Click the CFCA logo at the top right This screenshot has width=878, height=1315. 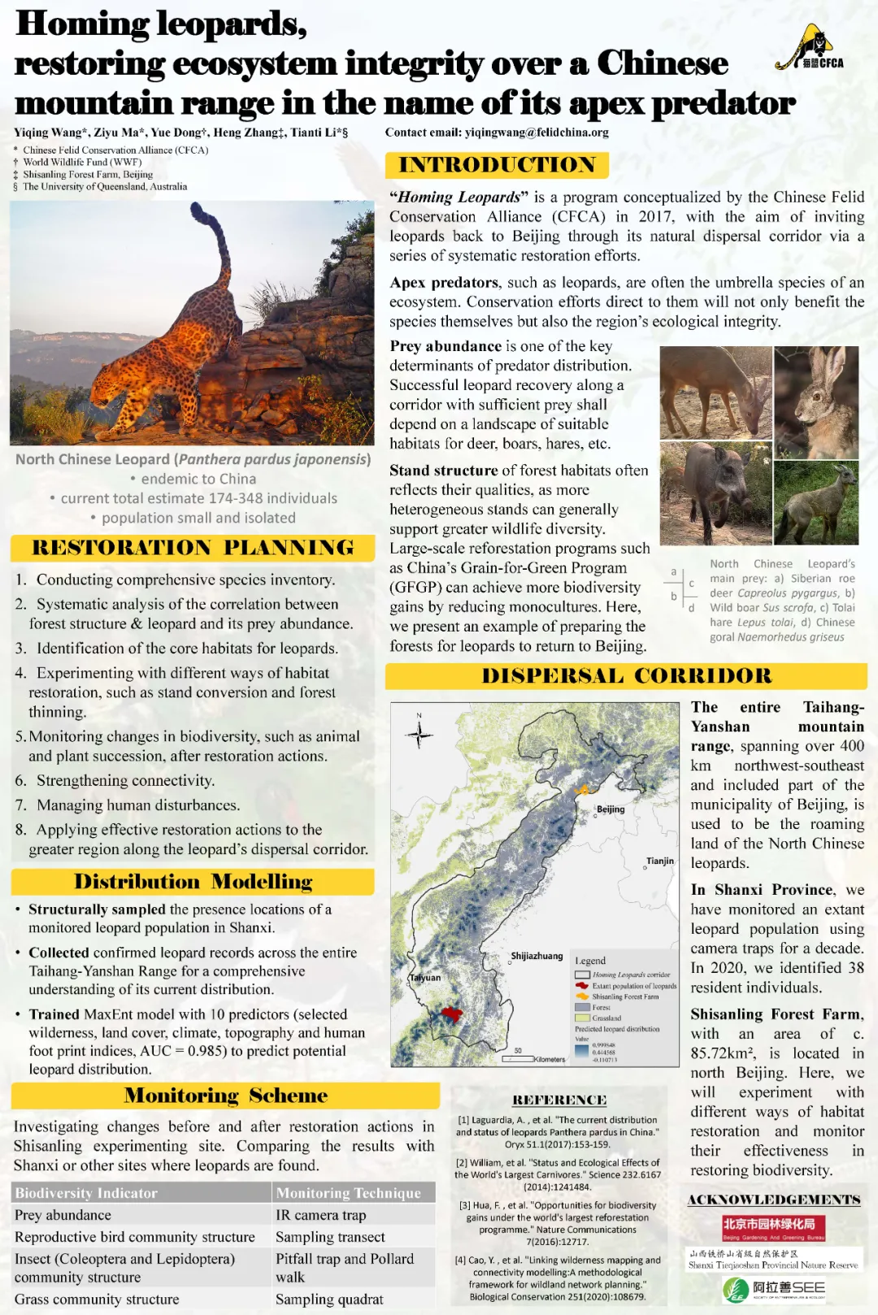810,50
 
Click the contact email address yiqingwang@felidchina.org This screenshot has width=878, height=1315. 537,132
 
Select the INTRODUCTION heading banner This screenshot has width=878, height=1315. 497,165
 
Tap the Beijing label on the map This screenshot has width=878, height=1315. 611,809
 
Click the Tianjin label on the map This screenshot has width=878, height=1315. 660,861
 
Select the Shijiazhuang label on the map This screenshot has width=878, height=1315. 537,956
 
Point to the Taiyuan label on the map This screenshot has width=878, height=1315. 425,978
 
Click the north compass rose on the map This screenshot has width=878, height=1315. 419,734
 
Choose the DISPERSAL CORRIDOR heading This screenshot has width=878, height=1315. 626,676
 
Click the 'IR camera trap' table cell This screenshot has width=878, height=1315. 320,1215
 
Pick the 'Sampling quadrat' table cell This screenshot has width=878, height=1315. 329,1300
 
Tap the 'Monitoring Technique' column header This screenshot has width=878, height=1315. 348,1193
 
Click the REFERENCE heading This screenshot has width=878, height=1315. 559,1100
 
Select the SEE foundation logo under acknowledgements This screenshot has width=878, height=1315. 774,1289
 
